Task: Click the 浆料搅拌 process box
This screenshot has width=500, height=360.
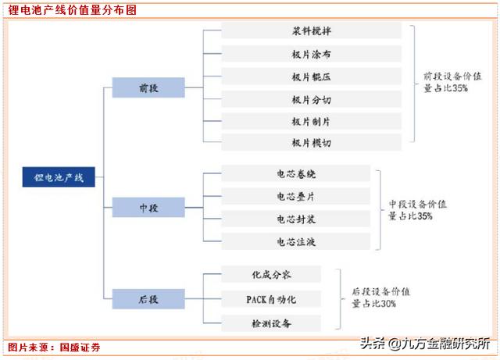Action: (311, 31)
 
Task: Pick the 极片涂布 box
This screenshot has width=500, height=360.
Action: (311, 54)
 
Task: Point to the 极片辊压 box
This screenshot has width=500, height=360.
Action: (311, 77)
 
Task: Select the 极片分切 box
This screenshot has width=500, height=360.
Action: (311, 99)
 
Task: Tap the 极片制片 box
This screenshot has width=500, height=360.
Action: (311, 122)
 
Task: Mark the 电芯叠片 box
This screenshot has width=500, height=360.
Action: (296, 197)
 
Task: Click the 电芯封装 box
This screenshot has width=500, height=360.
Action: (296, 219)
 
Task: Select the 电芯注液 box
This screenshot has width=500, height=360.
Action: (296, 242)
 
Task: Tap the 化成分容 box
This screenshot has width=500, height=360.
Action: (270, 274)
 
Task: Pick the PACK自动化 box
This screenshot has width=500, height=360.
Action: (270, 298)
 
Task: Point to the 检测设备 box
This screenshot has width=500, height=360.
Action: (270, 323)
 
